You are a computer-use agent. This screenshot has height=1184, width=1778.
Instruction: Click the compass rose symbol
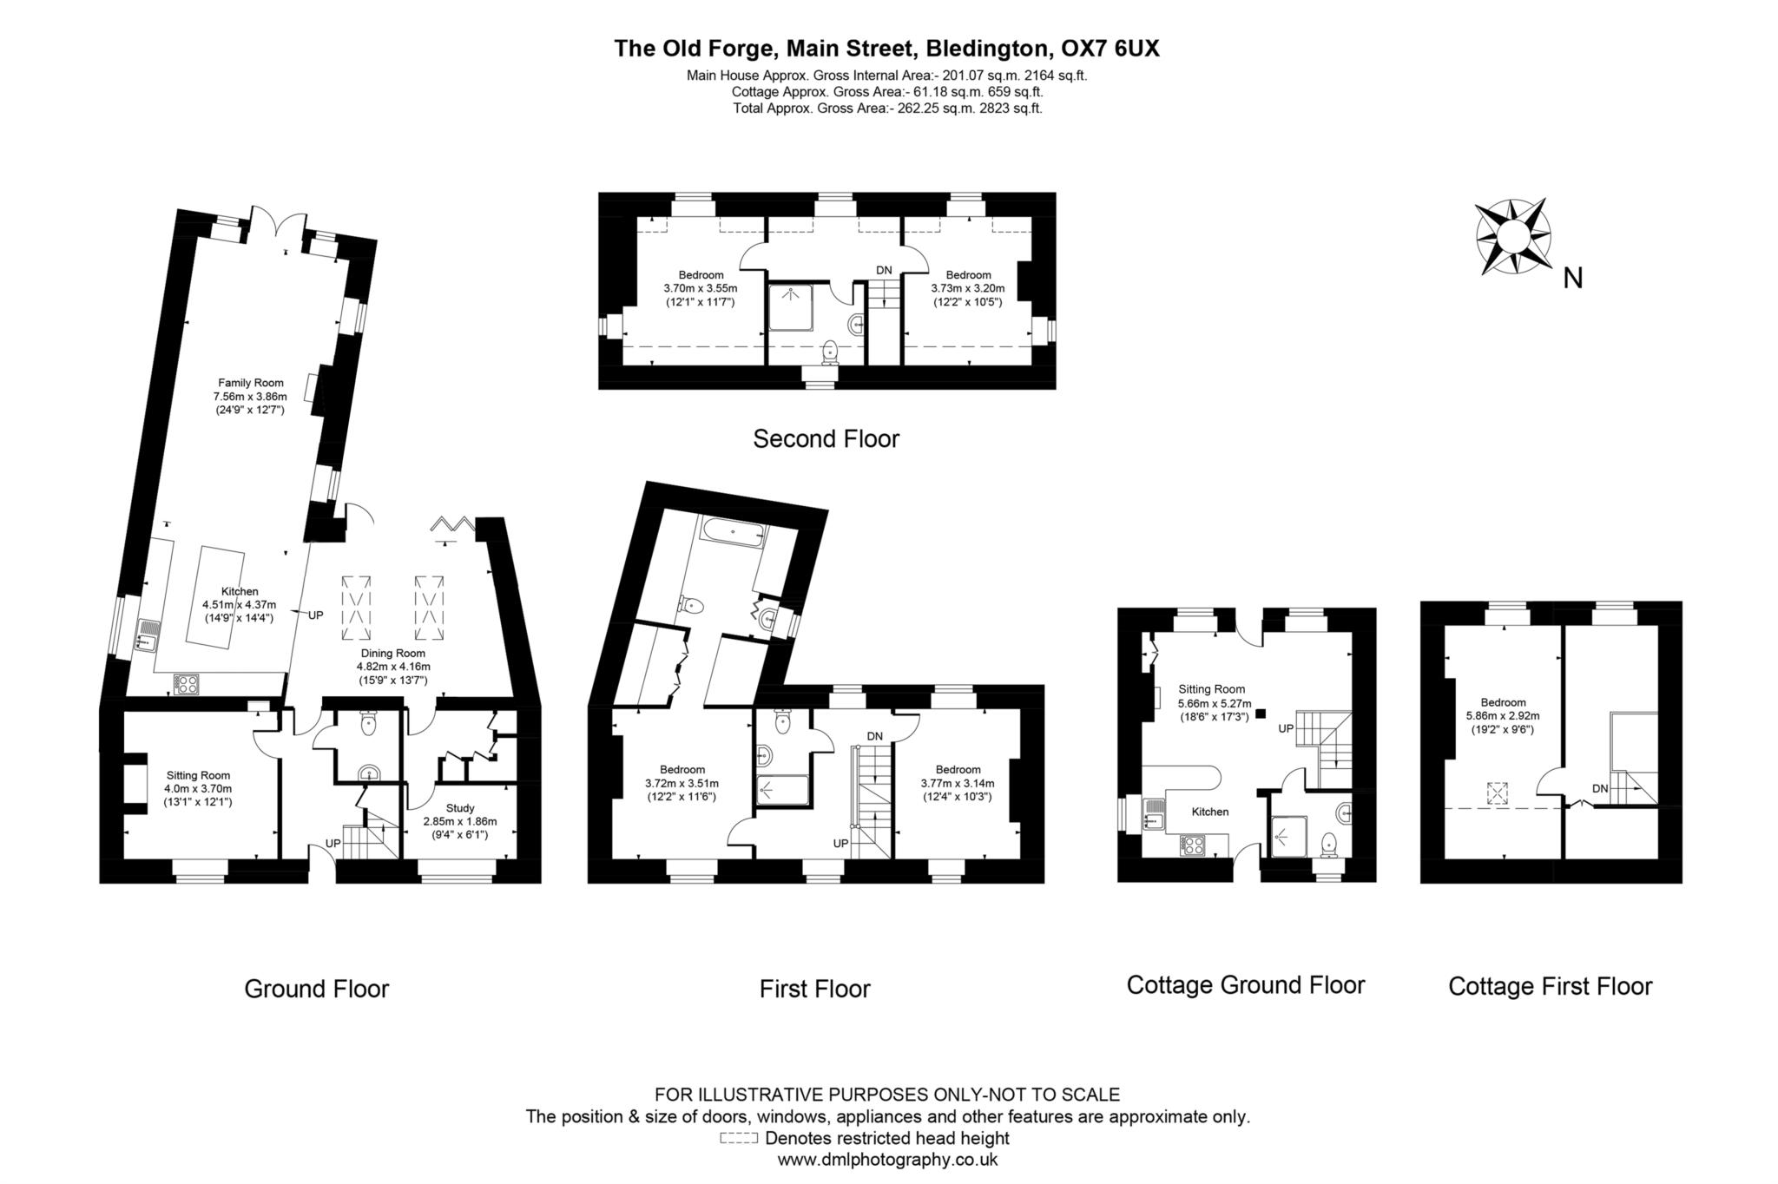pyautogui.click(x=1511, y=236)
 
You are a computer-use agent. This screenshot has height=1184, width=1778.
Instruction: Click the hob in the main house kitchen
pyautogui.click(x=186, y=684)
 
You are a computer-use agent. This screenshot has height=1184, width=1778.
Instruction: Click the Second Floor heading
pyautogui.click(x=826, y=439)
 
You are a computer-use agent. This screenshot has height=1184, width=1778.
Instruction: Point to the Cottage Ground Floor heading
pyautogui.click(x=1245, y=984)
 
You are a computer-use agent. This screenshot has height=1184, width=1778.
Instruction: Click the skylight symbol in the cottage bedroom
pyautogui.click(x=1497, y=793)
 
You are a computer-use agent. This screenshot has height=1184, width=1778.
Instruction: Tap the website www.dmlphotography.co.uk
pyautogui.click(x=887, y=1159)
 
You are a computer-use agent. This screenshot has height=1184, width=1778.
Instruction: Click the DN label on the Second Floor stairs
pyautogui.click(x=884, y=270)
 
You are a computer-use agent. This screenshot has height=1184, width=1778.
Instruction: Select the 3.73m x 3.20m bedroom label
pyautogui.click(x=968, y=288)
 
